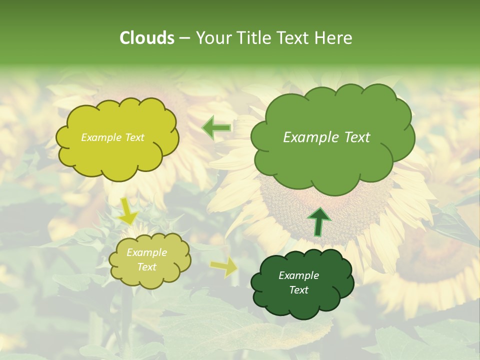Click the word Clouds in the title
tap(146, 38)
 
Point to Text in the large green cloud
tap(357, 137)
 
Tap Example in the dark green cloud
tap(298, 275)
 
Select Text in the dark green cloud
tap(298, 290)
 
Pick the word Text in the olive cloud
tap(147, 267)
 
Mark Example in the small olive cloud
tap(147, 252)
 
